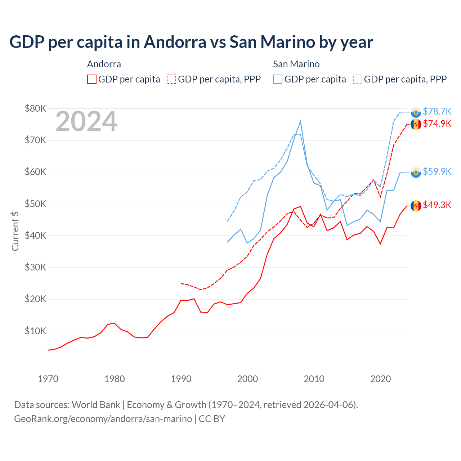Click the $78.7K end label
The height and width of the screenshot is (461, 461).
[437, 111]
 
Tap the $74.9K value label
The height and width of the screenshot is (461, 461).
[437, 124]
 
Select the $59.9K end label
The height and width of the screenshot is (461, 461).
[437, 171]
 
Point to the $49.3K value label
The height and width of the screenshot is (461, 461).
[437, 205]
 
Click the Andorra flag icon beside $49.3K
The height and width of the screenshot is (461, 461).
[416, 206]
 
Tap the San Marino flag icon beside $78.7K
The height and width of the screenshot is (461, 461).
[416, 112]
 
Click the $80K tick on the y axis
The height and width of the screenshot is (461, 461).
[35, 108]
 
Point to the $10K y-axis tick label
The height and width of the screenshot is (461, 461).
[35, 331]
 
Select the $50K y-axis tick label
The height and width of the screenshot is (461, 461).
[35, 204]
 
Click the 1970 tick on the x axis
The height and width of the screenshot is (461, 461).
[48, 379]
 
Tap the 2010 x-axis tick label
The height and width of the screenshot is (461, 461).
[314, 379]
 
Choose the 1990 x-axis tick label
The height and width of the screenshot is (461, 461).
[181, 379]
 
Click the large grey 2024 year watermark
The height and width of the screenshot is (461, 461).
[86, 121]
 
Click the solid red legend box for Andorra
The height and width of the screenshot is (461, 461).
[92, 79]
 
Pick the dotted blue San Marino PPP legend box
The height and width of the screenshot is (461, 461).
[358, 79]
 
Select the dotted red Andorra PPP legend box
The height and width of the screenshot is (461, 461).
[171, 79]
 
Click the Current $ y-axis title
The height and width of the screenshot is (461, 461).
[15, 231]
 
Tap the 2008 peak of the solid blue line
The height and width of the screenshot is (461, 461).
[300, 122]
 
